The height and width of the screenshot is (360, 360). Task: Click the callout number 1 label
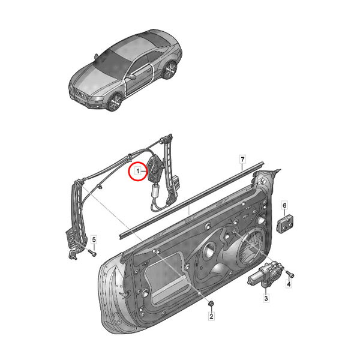click(138, 171)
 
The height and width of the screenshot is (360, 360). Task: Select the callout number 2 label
click(211, 316)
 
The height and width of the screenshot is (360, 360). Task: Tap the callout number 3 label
click(266, 298)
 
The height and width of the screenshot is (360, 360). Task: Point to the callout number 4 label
click(289, 284)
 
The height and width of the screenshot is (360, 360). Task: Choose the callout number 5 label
click(94, 240)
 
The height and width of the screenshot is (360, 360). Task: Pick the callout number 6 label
click(284, 205)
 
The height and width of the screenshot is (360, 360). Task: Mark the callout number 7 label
click(242, 159)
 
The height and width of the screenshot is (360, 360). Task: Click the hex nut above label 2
click(211, 303)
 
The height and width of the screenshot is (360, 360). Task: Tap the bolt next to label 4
click(290, 273)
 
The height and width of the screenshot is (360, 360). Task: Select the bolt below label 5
click(92, 253)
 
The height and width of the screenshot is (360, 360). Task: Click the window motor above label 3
click(266, 274)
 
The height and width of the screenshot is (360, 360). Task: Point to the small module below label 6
click(285, 223)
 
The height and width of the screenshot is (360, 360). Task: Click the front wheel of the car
click(115, 102)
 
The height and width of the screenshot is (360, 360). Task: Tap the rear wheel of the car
click(170, 70)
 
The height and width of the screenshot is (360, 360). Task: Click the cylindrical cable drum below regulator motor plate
click(155, 191)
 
